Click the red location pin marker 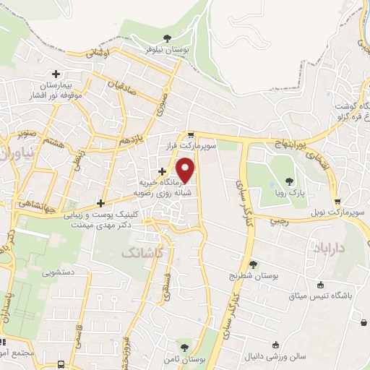click(186, 170)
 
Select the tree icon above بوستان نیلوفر click(168, 38)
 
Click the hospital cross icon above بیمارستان click(56, 73)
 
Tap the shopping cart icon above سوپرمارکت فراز click(190, 135)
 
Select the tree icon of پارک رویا click(290, 181)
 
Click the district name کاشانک click(141, 253)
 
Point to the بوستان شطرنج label click(253, 275)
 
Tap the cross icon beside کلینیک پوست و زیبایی click(100, 203)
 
